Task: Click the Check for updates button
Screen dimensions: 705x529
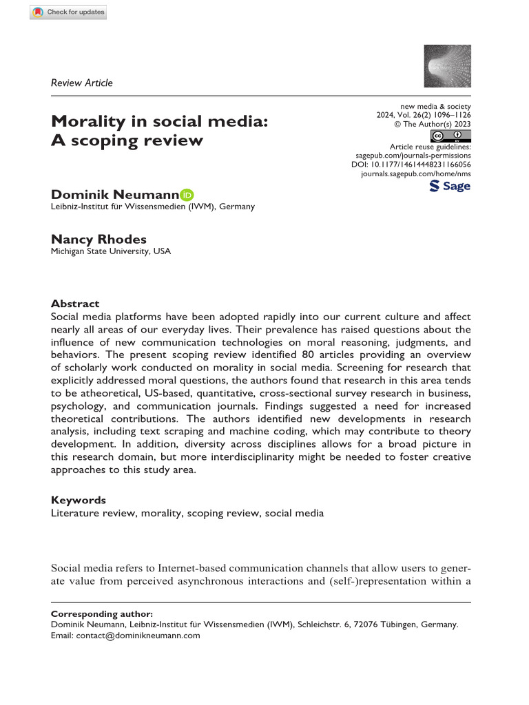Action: pos(68,12)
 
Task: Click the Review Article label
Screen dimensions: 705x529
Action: pos(82,83)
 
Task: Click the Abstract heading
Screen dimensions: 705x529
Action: pos(75,304)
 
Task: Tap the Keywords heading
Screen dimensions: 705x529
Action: pos(79,500)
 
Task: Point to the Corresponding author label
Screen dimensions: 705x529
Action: pos(102,613)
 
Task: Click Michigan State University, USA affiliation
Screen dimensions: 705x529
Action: pos(111,251)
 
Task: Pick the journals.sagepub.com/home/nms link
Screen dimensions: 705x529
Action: pos(415,176)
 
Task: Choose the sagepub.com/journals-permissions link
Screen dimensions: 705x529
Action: pos(412,156)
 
